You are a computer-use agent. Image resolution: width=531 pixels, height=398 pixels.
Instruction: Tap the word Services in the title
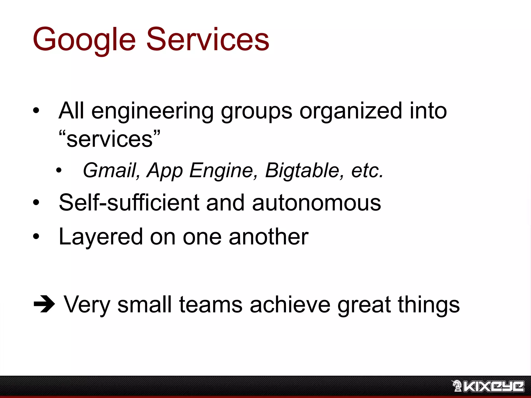click(208, 39)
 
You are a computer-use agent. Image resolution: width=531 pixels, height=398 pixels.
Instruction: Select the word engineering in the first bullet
click(152, 111)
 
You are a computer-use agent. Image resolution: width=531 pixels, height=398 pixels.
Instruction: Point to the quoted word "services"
click(109, 139)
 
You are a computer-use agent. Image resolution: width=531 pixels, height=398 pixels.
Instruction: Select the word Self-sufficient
click(129, 202)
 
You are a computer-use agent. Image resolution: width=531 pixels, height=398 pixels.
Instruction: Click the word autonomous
click(316, 203)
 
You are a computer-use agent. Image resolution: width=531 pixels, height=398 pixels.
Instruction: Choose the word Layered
click(101, 237)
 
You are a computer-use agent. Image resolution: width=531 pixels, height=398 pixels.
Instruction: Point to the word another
click(269, 237)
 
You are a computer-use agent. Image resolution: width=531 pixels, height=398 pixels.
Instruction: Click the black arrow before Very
click(44, 304)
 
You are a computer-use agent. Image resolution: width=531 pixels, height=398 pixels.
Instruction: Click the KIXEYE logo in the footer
click(488, 386)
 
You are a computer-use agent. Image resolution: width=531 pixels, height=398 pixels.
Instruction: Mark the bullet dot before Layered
click(36, 236)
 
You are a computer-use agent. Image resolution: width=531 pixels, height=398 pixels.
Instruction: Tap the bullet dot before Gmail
click(59, 170)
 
